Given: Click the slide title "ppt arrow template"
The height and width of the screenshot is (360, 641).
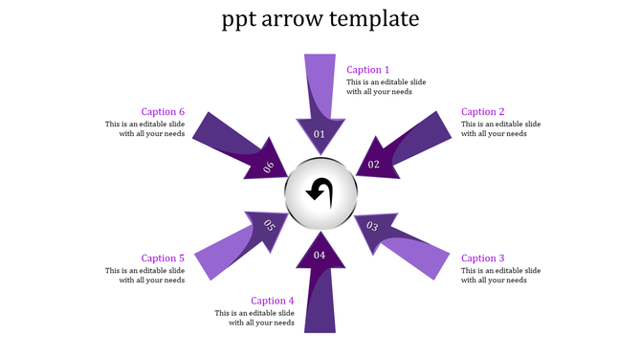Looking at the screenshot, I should [x=320, y=19].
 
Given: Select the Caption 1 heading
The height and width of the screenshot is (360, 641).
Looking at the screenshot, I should [x=368, y=70].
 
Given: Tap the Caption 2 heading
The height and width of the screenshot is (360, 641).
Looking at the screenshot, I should [x=483, y=112].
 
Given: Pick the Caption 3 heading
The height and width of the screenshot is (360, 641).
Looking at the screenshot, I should [x=483, y=259].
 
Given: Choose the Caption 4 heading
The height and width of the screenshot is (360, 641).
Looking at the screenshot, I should [x=273, y=301].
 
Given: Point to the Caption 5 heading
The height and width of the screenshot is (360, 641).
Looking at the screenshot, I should [x=163, y=259].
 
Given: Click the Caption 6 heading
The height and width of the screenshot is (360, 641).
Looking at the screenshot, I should [x=163, y=112].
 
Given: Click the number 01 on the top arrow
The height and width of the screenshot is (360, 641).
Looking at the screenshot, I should [x=320, y=134].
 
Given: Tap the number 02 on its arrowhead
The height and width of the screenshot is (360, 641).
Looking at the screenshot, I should [x=374, y=165].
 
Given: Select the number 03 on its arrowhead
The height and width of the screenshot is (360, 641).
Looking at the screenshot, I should [x=373, y=227].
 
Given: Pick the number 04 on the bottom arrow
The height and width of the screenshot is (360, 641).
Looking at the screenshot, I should [x=320, y=255].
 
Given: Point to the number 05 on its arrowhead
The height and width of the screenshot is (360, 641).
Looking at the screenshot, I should [x=269, y=226].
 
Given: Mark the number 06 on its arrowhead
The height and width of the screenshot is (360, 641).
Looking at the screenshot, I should [x=269, y=167].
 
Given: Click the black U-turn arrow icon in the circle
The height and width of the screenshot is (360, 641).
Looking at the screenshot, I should [x=320, y=192].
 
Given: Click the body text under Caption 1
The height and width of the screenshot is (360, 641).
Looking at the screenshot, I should [x=386, y=87].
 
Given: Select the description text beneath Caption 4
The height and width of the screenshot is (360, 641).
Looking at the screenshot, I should [x=254, y=318].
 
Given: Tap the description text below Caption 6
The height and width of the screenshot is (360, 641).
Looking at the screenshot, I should [x=145, y=129].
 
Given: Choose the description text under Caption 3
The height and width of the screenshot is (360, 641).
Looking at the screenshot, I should [x=500, y=276].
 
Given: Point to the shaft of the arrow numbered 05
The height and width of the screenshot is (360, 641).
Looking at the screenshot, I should [x=221, y=258].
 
